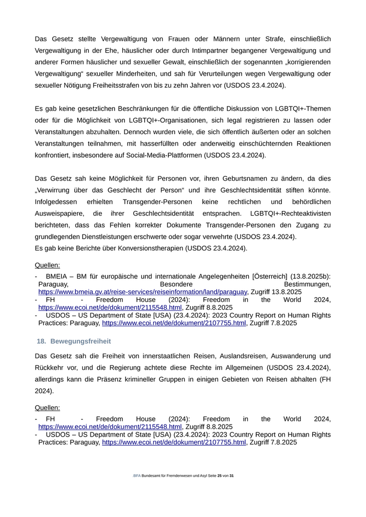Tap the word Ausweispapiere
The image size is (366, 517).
pos(60,213)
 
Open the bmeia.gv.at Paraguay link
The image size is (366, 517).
pos(142,291)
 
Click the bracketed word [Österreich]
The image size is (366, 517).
pos(269,276)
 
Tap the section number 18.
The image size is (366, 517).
pos(42,341)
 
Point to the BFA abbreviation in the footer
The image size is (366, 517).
pos(136,476)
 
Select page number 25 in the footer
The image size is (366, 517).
pos(220,476)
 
